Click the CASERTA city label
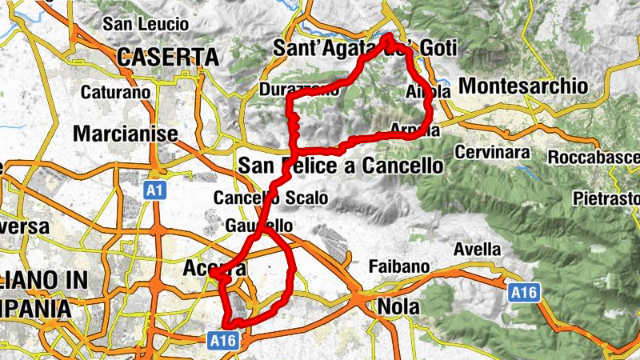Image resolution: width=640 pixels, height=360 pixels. (x=167, y=57)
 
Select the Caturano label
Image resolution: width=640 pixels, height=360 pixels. (x=115, y=93)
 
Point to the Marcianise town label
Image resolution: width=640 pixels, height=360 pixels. (x=125, y=134)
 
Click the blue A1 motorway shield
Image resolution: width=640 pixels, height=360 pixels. (x=155, y=190)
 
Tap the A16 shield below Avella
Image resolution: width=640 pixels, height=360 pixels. (x=524, y=293)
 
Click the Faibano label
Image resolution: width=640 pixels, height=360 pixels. (x=399, y=266)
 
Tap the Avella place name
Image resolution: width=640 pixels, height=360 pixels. (x=477, y=250)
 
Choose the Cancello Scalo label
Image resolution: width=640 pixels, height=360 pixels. (x=259, y=198)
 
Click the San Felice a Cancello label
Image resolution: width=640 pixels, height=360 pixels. (x=340, y=166)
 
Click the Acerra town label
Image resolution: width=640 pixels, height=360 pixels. (x=214, y=270)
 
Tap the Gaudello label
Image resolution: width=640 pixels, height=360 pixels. (x=259, y=226)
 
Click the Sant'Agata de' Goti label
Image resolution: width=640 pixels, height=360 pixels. (x=364, y=48)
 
